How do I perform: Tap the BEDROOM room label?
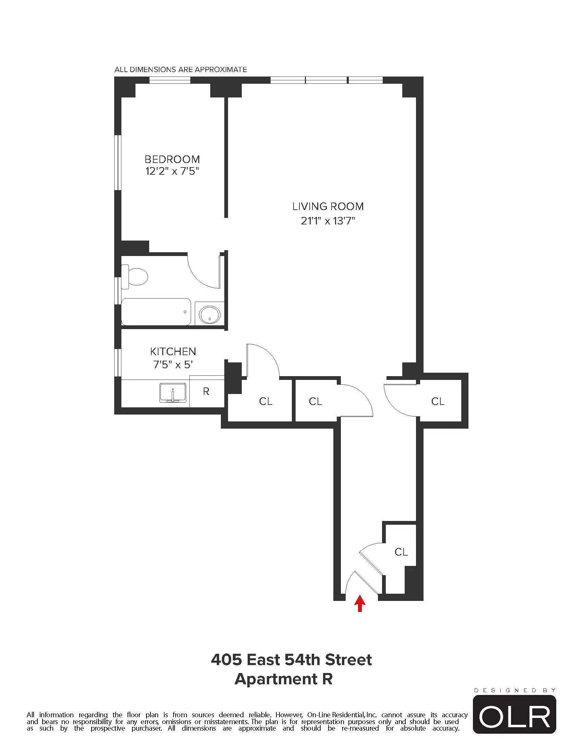point(172,159)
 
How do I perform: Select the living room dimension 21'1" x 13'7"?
point(328,221)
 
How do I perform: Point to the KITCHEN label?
point(173,351)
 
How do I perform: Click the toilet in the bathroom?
point(135,277)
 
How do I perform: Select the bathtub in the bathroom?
point(156,312)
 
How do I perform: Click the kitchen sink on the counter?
point(173,393)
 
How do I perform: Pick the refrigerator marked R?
point(206,391)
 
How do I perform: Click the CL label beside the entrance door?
point(401,552)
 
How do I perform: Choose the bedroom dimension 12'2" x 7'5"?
point(172,171)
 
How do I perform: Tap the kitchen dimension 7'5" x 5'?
point(173,364)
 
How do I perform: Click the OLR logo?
point(514,716)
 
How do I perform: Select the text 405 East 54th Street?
point(291,660)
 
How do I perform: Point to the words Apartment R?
point(284,679)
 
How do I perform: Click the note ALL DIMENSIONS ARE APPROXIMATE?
point(181,69)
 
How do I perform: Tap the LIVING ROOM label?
point(328,206)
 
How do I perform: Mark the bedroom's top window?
point(170,80)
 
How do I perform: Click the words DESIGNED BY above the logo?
point(515,690)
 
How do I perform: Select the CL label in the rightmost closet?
point(438,402)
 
